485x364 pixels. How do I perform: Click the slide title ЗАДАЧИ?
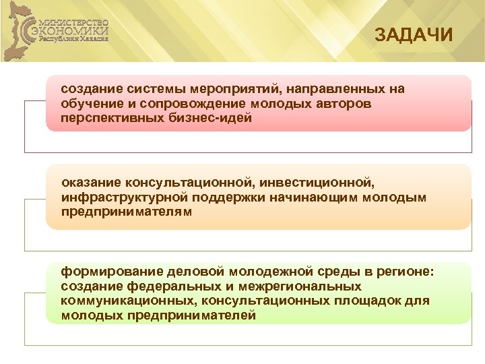[x=414, y=34]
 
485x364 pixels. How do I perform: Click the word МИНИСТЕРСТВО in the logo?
[x=76, y=21]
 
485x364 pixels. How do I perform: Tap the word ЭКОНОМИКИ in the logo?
[x=75, y=30]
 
